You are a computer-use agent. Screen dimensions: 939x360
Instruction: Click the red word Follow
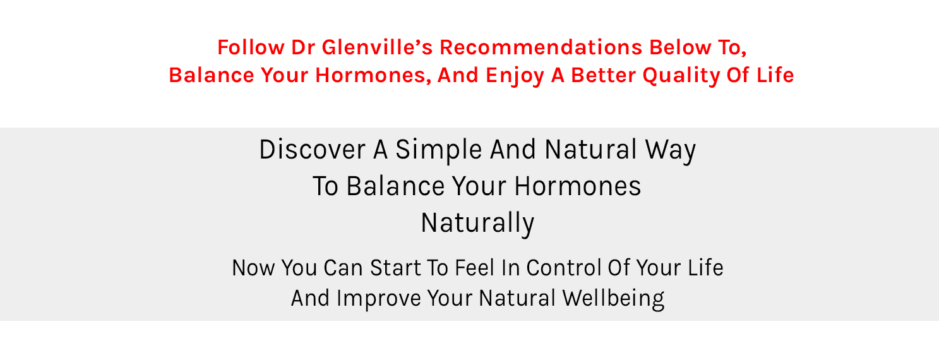pyautogui.click(x=251, y=47)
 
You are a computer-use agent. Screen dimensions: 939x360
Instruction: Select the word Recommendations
pyautogui.click(x=541, y=47)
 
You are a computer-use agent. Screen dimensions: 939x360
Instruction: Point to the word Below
pyautogui.click(x=680, y=47)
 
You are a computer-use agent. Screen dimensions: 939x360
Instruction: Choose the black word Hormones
pyautogui.click(x=577, y=186)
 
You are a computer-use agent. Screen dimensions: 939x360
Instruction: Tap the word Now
pyautogui.click(x=253, y=268)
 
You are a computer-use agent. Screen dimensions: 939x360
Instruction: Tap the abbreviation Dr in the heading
pyautogui.click(x=303, y=47)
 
